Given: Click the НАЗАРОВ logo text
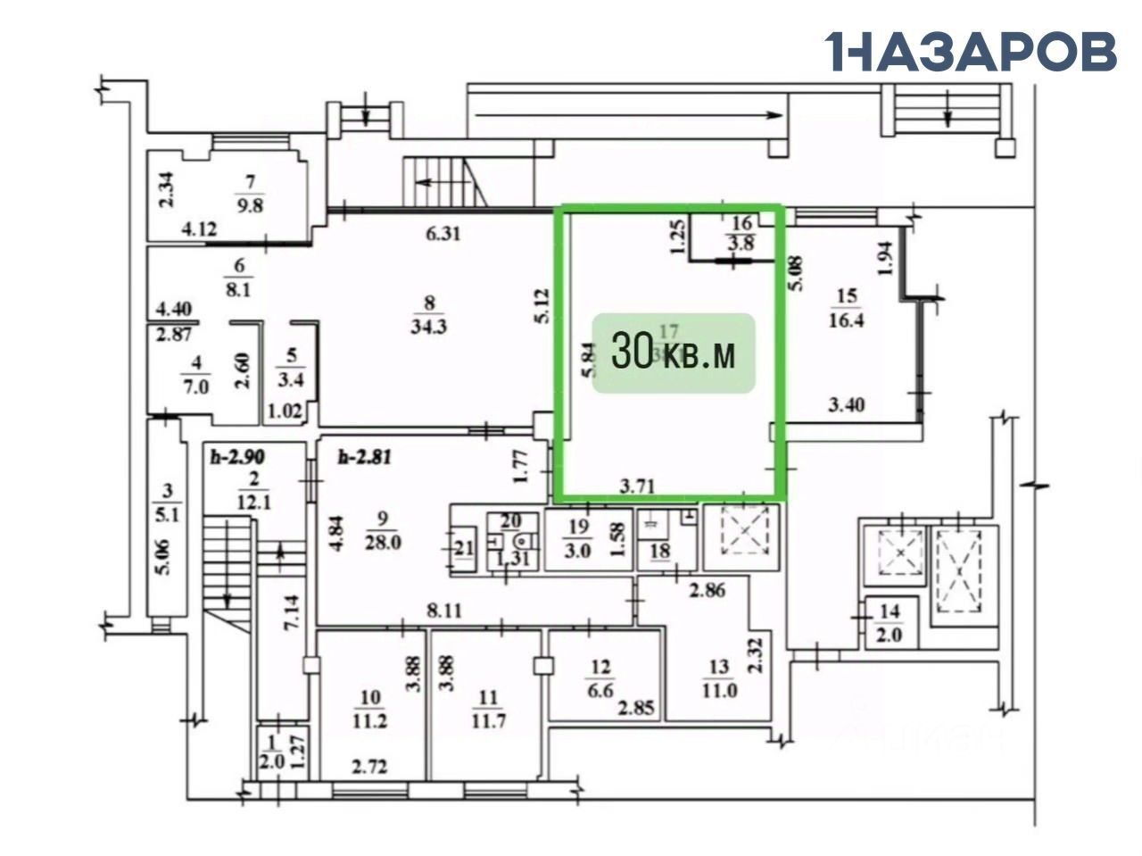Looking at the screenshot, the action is click(x=971, y=51).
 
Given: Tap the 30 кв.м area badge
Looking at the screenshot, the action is click(x=674, y=353).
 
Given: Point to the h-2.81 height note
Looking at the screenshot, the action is click(x=365, y=459).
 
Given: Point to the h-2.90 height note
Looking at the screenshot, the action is click(x=237, y=456).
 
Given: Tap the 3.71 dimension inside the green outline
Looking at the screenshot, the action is click(x=638, y=486).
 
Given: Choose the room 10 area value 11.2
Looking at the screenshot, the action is click(x=371, y=722).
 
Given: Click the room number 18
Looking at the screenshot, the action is click(x=659, y=551).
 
